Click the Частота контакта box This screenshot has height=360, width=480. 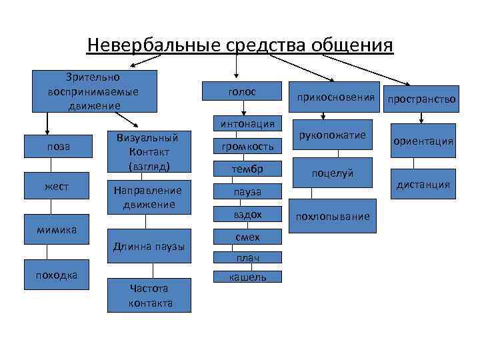[x=149, y=295]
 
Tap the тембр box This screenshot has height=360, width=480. [x=247, y=169]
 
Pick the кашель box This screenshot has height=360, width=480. [x=247, y=277]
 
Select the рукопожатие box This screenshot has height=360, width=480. [x=332, y=136]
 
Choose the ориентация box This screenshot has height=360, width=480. [x=423, y=141]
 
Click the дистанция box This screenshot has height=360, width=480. [x=423, y=184]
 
